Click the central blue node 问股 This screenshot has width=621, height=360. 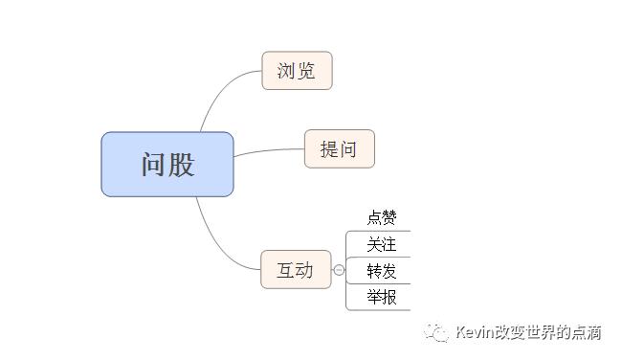167,165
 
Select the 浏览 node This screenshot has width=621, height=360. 297,71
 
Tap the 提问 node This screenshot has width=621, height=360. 339,149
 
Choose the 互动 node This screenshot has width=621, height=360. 296,270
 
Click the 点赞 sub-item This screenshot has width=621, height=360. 381,218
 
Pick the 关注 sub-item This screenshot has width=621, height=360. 381,245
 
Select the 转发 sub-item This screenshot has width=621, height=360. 381,271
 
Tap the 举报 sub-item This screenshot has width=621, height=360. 381,297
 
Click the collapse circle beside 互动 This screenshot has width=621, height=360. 339,270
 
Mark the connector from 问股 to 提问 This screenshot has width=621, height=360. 268,151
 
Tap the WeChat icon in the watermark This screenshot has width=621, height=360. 438,332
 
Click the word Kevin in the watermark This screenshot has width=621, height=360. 475,332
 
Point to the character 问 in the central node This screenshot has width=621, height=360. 154,165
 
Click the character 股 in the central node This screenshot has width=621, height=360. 181,165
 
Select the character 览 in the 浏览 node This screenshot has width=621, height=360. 306,71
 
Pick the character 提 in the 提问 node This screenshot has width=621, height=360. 329,149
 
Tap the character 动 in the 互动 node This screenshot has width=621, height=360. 305,270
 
